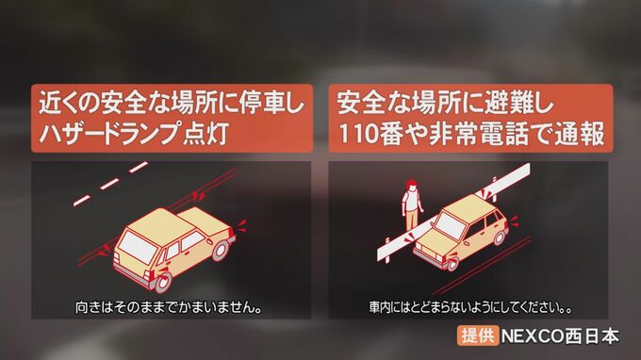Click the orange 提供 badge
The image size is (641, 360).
[478, 335]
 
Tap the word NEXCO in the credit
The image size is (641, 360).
[533, 336]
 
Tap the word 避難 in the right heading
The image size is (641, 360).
[506, 102]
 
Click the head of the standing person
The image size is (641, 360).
[412, 187]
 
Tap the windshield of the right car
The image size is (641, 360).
[450, 225]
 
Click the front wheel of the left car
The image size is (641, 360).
[162, 282]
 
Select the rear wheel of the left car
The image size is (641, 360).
[221, 251]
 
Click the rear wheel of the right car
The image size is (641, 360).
[501, 237]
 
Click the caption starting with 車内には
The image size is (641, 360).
[470, 307]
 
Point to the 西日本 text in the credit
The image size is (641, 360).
[592, 336]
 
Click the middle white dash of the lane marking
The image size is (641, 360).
[110, 184]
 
